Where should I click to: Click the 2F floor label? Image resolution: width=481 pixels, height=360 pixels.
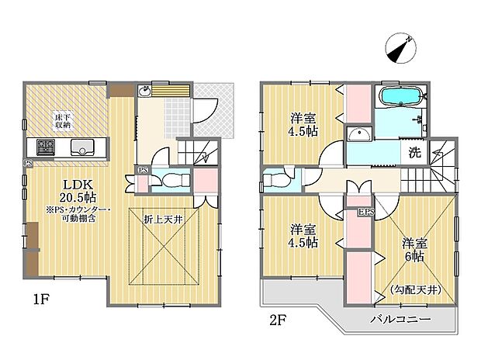278,319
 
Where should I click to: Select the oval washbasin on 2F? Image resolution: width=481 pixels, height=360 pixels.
360,137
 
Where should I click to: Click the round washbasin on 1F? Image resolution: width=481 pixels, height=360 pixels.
144,92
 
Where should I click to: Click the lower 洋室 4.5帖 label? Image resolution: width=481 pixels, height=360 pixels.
303,236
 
